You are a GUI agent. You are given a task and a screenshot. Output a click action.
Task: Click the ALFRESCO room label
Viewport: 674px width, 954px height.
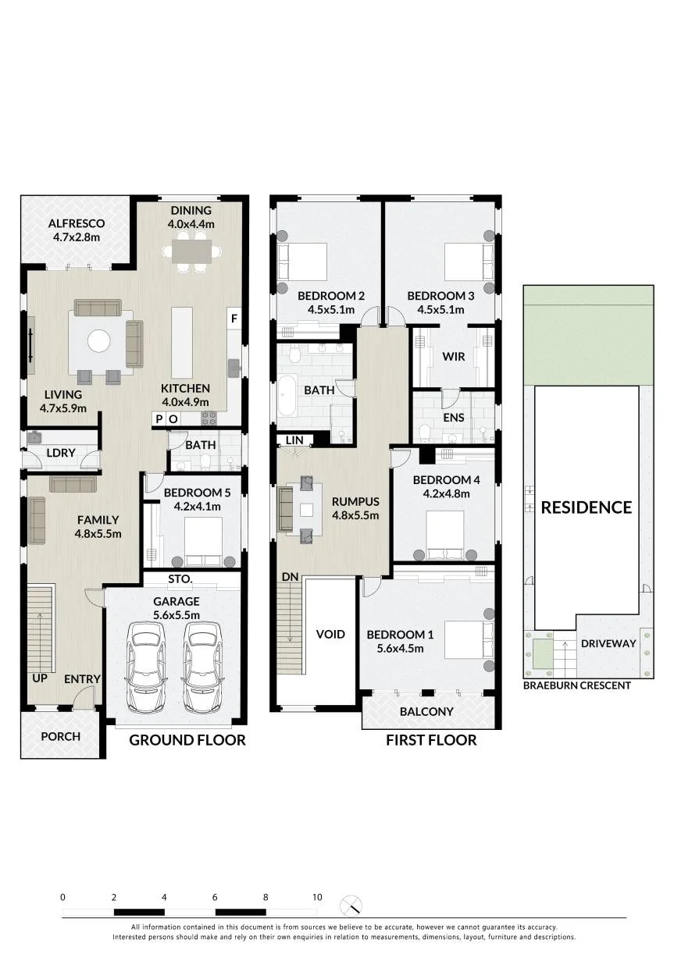[77, 223]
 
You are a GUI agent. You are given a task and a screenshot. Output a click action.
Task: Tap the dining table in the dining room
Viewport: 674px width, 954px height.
[191, 251]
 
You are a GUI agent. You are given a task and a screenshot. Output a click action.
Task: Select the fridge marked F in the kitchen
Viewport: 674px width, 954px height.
[234, 319]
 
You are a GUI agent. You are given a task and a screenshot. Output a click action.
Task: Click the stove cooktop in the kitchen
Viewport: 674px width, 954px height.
[209, 418]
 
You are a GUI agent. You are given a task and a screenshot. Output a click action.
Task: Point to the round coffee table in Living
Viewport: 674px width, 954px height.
[99, 341]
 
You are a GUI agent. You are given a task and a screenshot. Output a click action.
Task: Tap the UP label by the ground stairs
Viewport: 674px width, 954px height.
[40, 678]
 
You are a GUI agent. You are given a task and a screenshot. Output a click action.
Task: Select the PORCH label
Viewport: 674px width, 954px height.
[60, 736]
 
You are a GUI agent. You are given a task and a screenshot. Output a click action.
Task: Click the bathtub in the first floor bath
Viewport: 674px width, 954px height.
[289, 395]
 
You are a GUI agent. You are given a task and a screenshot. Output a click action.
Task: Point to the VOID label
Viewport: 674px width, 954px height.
[330, 634]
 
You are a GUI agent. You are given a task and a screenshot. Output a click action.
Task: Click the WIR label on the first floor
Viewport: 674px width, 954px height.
[453, 357]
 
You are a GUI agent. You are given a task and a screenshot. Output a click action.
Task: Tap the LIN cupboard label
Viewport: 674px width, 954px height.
[294, 440]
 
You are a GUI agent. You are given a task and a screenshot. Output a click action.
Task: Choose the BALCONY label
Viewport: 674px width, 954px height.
[426, 711]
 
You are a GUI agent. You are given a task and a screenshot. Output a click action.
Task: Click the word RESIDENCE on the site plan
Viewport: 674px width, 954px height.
[587, 507]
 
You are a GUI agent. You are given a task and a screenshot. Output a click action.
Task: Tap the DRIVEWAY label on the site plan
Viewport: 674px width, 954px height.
[608, 643]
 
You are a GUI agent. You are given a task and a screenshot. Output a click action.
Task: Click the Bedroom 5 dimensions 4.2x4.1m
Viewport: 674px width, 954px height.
[198, 507]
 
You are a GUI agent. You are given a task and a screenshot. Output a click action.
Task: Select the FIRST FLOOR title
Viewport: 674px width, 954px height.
[431, 740]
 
